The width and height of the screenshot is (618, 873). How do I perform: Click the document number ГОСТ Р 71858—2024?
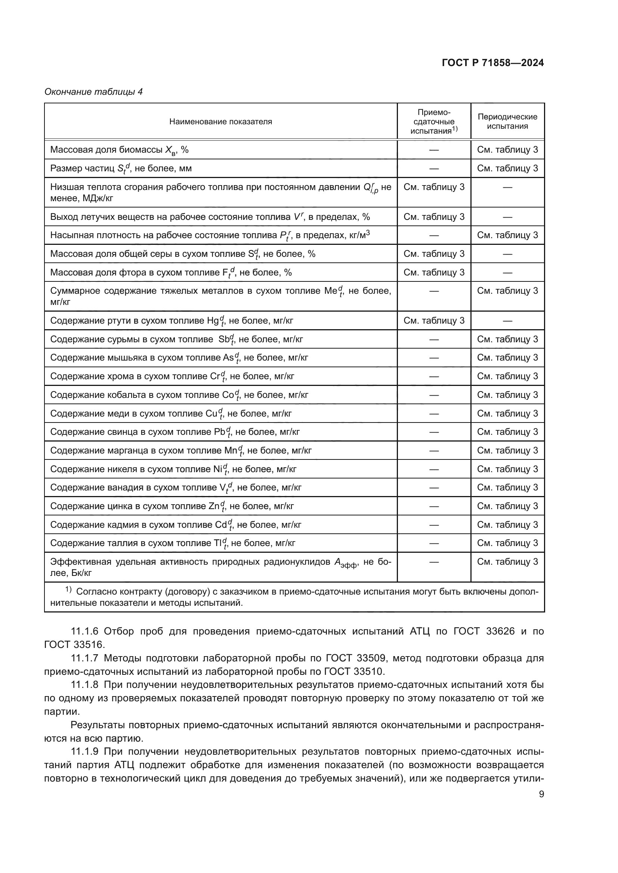(x=493, y=63)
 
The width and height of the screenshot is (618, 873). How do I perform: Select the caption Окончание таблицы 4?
(x=94, y=92)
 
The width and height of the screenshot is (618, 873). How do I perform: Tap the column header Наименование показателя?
(x=220, y=122)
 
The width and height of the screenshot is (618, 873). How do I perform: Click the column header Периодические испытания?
(x=507, y=122)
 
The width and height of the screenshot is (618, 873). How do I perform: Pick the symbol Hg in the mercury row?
(x=213, y=321)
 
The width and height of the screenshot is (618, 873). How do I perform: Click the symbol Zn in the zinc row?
(x=214, y=506)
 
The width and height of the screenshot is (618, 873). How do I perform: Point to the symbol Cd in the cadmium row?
(x=221, y=525)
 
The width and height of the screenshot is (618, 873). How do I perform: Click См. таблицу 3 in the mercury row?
(x=434, y=321)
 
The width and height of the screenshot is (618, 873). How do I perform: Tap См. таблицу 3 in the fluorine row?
(x=434, y=272)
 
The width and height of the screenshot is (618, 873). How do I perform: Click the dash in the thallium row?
(x=434, y=543)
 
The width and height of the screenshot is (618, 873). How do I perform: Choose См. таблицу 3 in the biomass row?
(x=507, y=150)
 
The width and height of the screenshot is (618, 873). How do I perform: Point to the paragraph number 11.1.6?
(x=85, y=632)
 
